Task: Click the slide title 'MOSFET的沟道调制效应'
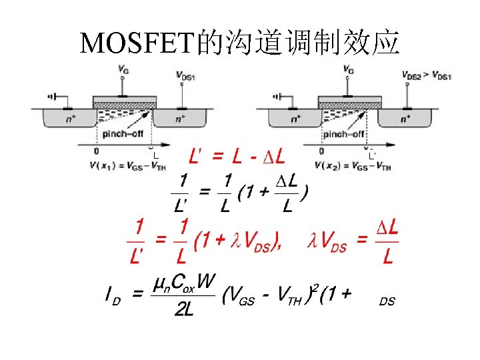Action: [239, 43]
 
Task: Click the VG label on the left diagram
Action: [123, 69]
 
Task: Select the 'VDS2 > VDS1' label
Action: [427, 76]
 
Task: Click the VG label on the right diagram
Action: [349, 69]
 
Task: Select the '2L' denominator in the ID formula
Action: [183, 311]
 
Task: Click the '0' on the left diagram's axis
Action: [97, 152]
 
